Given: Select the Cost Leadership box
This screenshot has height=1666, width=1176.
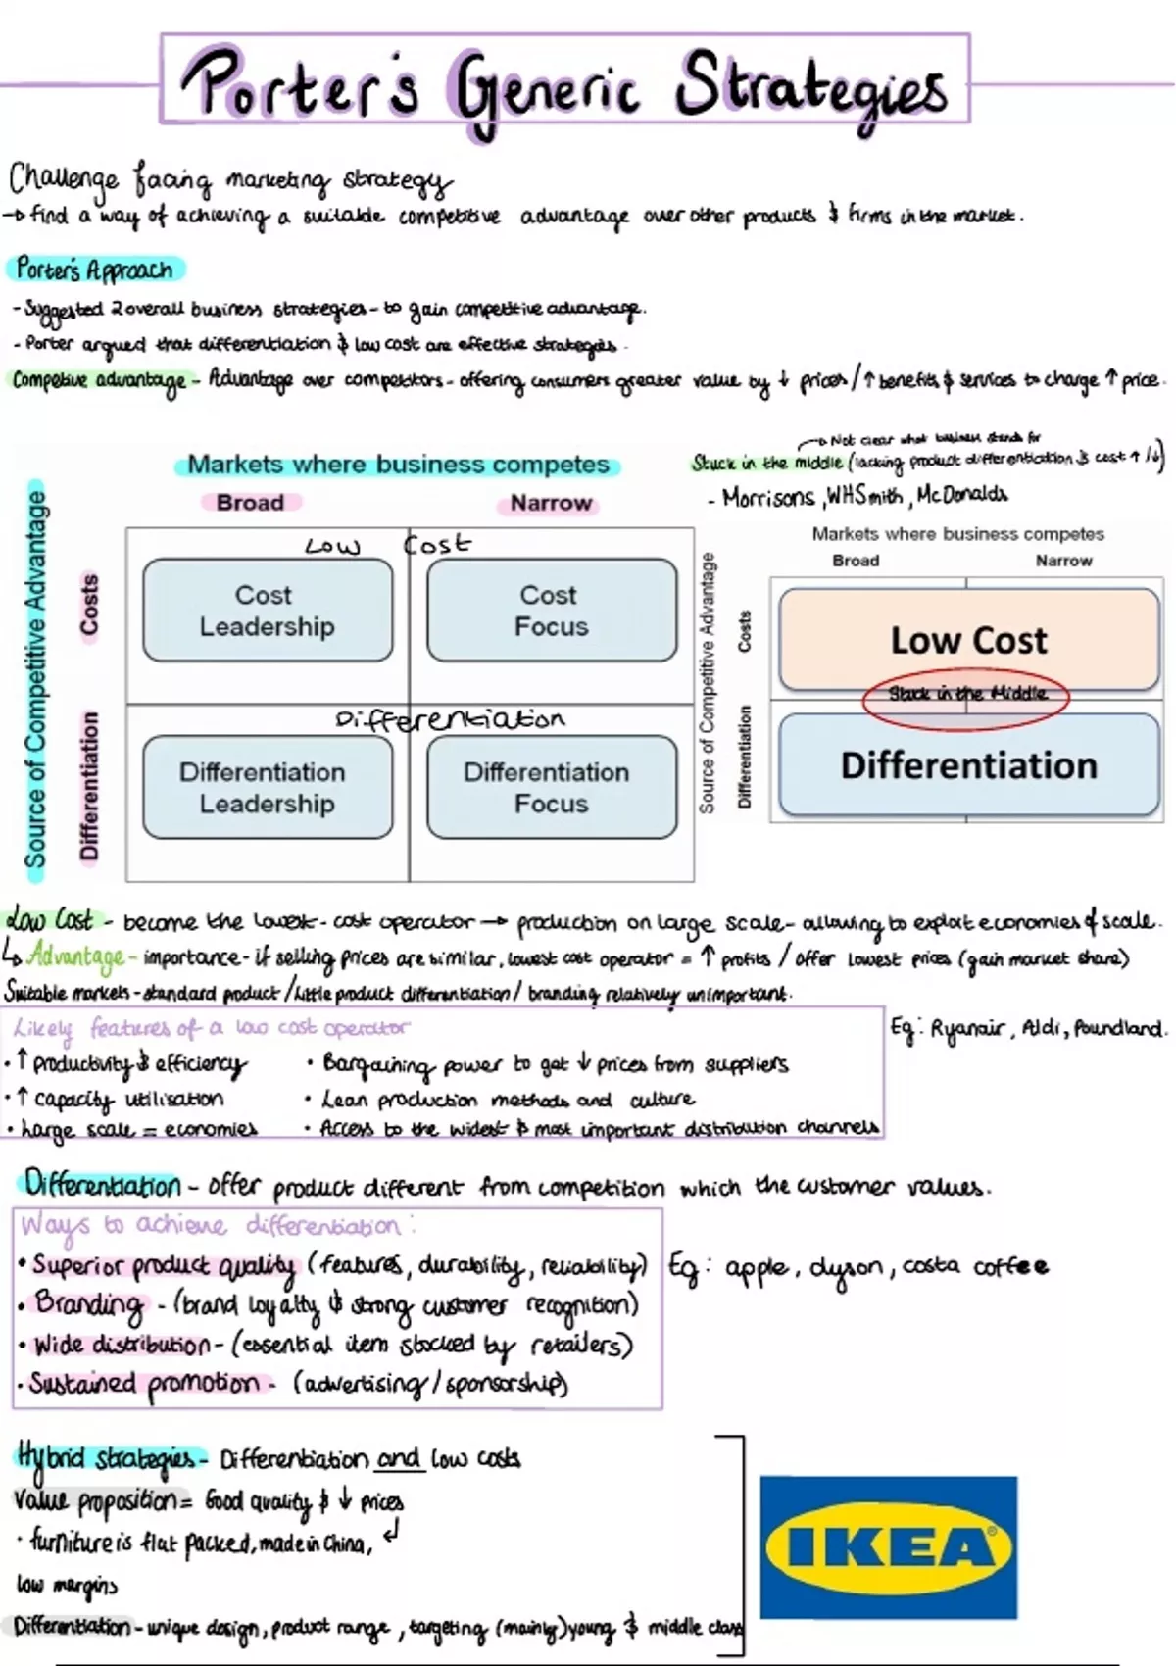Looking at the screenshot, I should (268, 610).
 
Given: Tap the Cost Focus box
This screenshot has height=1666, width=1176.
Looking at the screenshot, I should (552, 610).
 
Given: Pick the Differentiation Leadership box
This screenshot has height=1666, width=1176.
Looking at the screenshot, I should (268, 787).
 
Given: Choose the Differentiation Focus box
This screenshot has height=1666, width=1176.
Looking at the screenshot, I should (552, 787).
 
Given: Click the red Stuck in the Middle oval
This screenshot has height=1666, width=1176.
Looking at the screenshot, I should (966, 698).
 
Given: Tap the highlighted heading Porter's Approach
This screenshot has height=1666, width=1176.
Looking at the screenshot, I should (95, 269).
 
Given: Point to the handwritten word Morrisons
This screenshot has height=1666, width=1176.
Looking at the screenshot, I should (767, 497).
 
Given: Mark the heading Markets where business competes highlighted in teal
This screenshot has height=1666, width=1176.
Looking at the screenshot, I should (398, 465).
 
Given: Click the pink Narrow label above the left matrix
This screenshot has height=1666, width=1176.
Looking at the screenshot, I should (551, 503).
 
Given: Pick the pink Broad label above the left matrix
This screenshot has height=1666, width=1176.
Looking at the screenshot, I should (250, 503).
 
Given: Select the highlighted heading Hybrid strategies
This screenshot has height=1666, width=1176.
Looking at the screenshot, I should (109, 1459).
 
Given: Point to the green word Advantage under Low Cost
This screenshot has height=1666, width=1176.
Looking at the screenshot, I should (76, 955).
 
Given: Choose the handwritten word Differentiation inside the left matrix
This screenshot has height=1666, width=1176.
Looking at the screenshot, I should (450, 720).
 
